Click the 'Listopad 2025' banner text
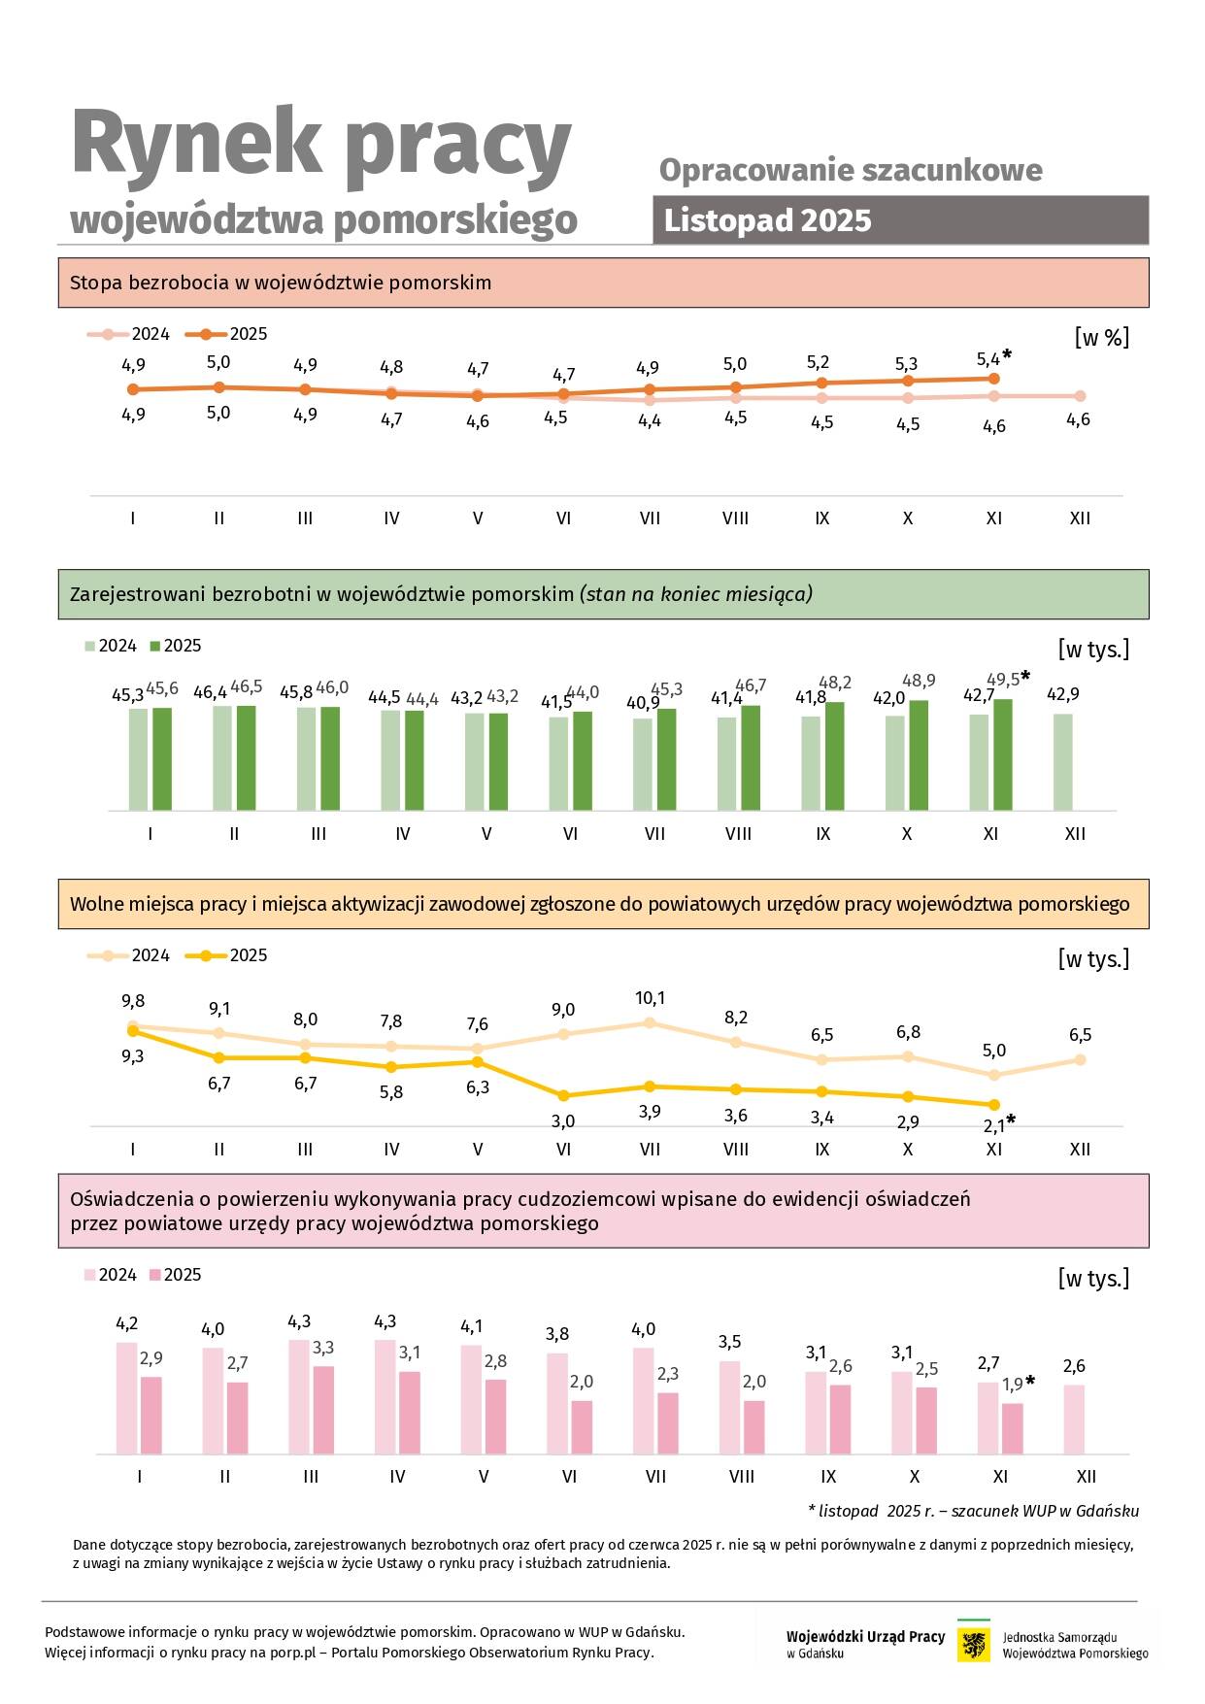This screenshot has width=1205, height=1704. pos(767,220)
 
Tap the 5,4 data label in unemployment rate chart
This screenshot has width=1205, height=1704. pos(987,359)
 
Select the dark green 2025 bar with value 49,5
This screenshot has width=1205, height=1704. pos(1003,754)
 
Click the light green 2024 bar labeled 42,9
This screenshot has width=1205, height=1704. pos(1063,762)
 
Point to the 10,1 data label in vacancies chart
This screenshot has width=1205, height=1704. pos(650,998)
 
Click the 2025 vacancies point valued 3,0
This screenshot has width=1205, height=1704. pos(563,1095)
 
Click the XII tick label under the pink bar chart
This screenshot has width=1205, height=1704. pos(1087,1477)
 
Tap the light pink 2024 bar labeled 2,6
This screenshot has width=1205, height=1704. pos(1074,1419)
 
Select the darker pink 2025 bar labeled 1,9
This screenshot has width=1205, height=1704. pos(1013,1428)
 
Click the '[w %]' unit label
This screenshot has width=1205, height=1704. pos(1101,338)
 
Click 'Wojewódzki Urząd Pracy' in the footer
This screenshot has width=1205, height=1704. pos(865,1637)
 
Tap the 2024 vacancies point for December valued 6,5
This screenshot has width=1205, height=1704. pos(1080,1060)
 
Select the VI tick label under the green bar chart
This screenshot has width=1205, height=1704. pos(570,834)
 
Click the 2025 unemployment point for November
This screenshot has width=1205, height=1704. pos(993,379)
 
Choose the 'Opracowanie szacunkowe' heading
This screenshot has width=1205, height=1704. pos(851,170)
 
